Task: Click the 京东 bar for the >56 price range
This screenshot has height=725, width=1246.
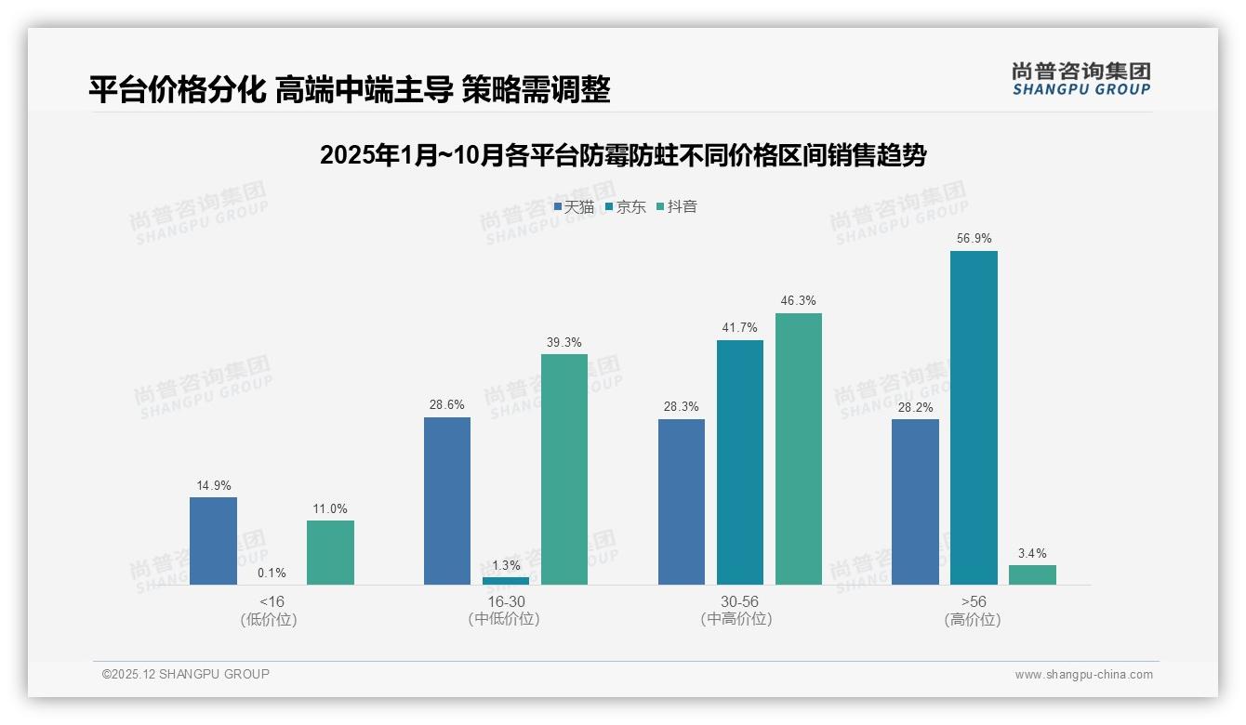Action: (x=974, y=418)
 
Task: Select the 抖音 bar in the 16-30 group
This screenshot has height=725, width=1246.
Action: (x=564, y=469)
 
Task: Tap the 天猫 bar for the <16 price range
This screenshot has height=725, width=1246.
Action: (x=213, y=541)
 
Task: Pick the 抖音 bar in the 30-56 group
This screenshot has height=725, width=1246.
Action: (x=798, y=449)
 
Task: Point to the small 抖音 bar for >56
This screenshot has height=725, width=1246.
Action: (x=1032, y=574)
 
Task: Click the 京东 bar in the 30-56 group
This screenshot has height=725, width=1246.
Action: (x=739, y=462)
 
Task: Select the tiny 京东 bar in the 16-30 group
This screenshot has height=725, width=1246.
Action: (x=506, y=581)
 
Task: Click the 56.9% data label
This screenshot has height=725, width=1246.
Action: (x=974, y=239)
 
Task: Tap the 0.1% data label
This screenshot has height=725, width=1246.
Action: (x=272, y=573)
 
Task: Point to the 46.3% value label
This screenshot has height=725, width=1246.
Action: (x=798, y=301)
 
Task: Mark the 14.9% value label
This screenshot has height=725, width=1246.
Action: (x=213, y=485)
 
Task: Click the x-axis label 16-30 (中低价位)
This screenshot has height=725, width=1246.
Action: (x=505, y=611)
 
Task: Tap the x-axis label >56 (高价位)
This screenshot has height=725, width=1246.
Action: (x=973, y=611)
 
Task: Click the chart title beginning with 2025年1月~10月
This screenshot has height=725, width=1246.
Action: (x=622, y=155)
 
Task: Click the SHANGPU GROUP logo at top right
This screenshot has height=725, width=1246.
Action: (x=1080, y=78)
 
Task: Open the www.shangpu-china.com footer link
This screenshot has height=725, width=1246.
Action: (x=1083, y=675)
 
